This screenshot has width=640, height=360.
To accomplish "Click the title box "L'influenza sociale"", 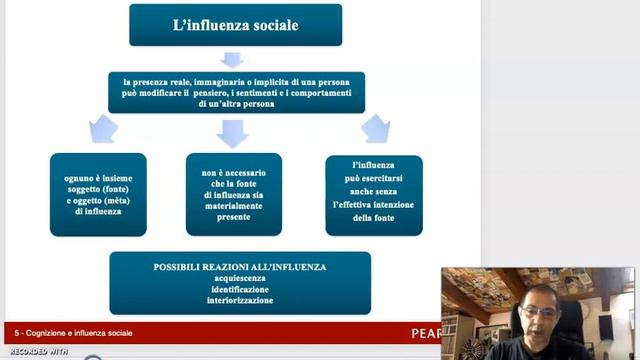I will [x=235, y=24].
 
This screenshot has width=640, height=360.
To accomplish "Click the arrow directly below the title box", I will [x=233, y=59].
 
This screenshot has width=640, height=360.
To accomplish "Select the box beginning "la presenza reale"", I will [x=236, y=92].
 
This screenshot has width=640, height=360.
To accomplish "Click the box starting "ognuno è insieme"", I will [x=98, y=194].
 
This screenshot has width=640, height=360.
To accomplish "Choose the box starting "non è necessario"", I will [x=233, y=193].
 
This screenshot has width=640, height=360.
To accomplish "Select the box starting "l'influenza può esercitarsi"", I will [x=374, y=193].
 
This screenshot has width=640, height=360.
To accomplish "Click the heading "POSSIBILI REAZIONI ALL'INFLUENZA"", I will [x=240, y=267].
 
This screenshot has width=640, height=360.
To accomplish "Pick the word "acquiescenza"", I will [x=240, y=278].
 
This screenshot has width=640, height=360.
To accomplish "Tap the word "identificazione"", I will [x=240, y=289].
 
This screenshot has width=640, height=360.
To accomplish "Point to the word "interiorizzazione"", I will [x=240, y=300].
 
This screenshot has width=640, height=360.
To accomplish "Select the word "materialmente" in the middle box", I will [x=233, y=205].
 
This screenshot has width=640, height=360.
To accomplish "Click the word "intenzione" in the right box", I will [x=396, y=205].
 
